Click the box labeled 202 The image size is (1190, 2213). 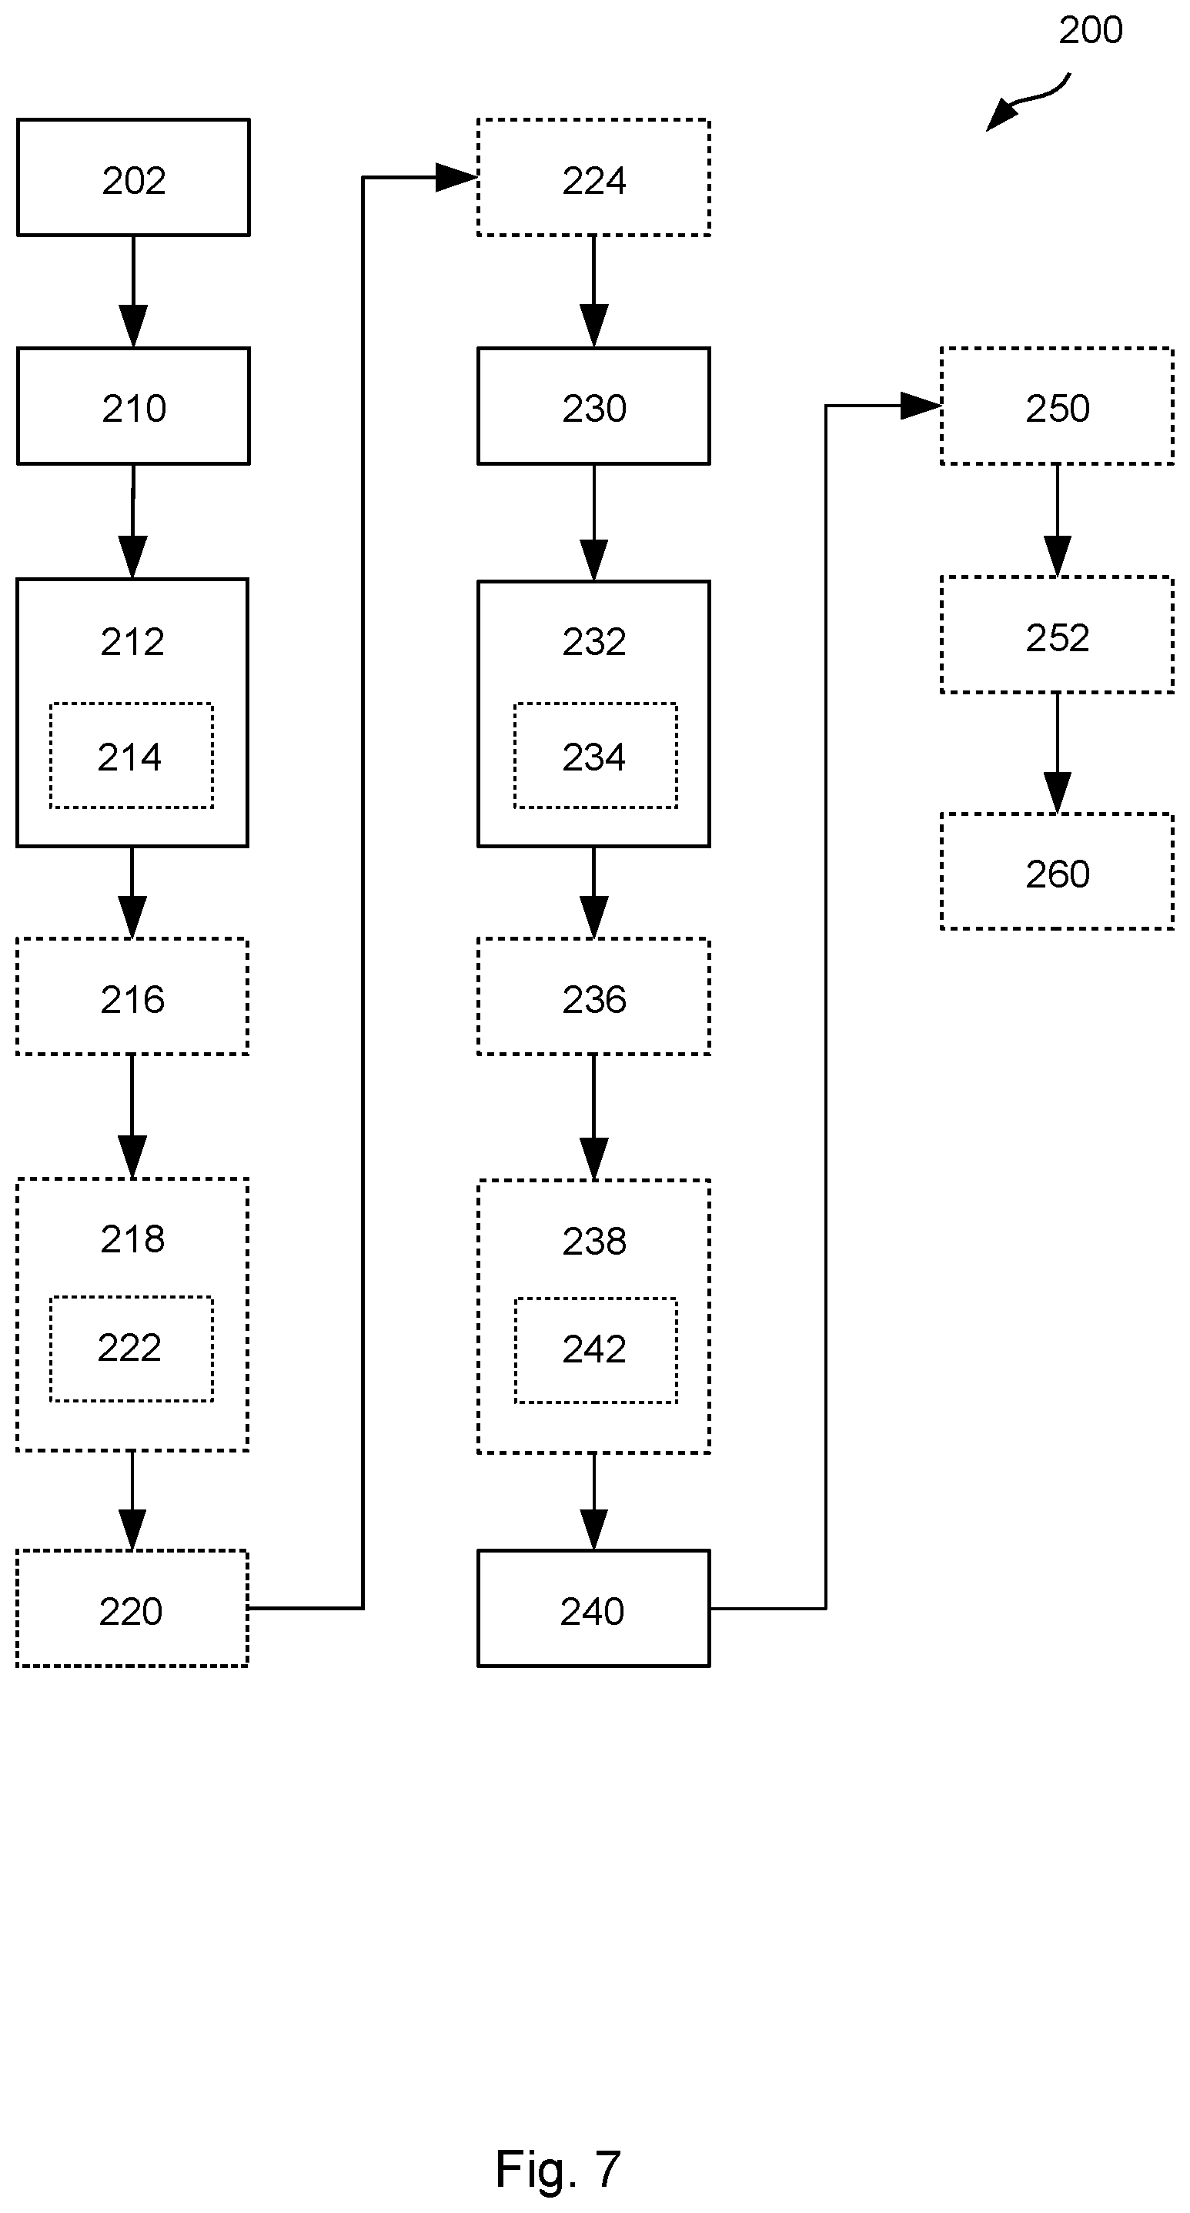(x=133, y=177)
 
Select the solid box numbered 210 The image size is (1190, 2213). (x=133, y=406)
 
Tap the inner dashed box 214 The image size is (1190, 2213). (x=132, y=755)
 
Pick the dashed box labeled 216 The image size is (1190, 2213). (x=132, y=996)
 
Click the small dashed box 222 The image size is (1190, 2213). (x=132, y=1349)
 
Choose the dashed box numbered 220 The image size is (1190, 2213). (x=132, y=1608)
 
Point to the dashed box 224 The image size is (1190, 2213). (x=593, y=177)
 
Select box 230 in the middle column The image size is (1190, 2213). (x=593, y=406)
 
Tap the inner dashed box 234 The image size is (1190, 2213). (x=596, y=755)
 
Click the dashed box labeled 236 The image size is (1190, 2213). (x=593, y=996)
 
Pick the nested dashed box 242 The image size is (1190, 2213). (x=596, y=1350)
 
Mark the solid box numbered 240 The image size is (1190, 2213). (x=593, y=1608)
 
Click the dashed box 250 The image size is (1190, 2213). (x=1057, y=406)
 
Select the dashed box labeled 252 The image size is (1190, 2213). (x=1057, y=634)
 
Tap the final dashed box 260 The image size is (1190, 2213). (x=1057, y=871)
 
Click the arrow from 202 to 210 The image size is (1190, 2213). (x=133, y=291)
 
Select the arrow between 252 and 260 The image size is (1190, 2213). (x=1057, y=753)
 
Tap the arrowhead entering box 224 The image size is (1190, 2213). (x=456, y=177)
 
